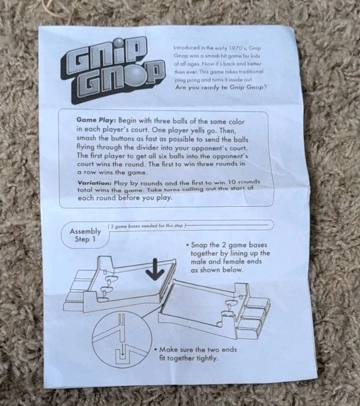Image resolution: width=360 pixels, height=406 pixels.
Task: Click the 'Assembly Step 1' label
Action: pyautogui.click(x=85, y=235)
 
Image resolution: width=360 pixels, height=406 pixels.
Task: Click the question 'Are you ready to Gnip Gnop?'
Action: pyautogui.click(x=221, y=88)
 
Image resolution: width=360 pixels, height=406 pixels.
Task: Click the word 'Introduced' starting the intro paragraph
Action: pyautogui.click(x=187, y=48)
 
